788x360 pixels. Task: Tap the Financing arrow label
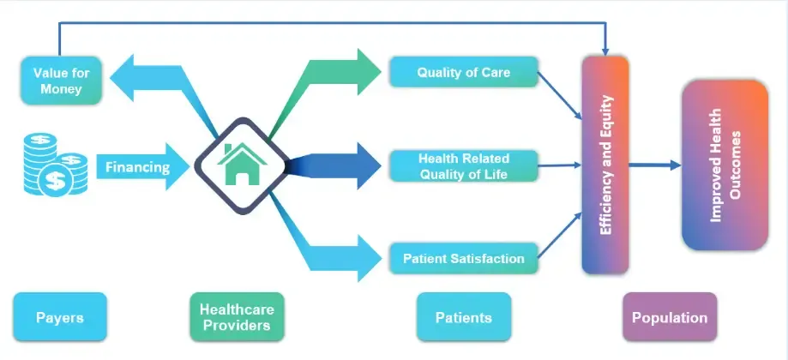tap(137, 167)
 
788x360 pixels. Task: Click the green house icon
tap(238, 165)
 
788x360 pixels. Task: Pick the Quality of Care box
tap(463, 73)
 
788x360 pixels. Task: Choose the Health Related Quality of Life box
tap(463, 166)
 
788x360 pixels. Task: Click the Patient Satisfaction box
tap(463, 257)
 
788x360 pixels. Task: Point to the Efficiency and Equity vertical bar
tap(605, 165)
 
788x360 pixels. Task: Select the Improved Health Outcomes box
tap(725, 165)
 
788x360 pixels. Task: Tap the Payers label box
tap(60, 317)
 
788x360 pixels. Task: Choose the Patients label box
tap(463, 317)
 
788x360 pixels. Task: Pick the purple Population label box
tap(669, 317)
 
